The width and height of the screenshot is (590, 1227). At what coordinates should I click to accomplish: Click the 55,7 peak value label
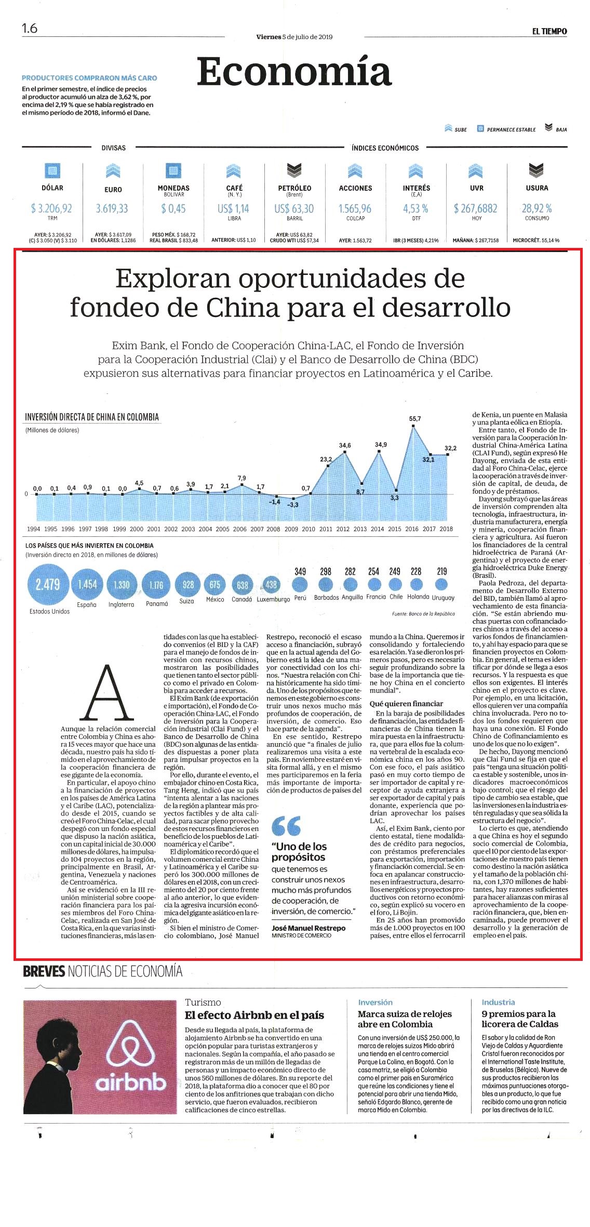[415, 418]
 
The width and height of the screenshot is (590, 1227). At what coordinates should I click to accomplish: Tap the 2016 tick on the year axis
[412, 529]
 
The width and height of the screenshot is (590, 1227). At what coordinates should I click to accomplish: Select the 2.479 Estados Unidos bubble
[48, 584]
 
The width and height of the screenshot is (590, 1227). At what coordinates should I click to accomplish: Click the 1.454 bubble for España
[87, 584]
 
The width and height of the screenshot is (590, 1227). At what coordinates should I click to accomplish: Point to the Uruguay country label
[443, 598]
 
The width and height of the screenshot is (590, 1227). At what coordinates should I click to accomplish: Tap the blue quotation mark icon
[286, 825]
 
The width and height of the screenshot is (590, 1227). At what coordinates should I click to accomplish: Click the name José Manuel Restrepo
[309, 928]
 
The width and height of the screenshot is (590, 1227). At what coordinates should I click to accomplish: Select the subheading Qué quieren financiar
[406, 704]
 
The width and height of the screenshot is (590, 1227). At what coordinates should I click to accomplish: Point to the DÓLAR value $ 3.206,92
[51, 208]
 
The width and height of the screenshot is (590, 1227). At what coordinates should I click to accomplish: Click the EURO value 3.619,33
[112, 208]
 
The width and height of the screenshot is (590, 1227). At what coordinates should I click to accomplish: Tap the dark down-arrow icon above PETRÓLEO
[294, 170]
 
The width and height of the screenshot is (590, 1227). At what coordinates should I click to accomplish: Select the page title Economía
[294, 71]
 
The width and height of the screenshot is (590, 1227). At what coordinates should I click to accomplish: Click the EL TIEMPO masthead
[549, 31]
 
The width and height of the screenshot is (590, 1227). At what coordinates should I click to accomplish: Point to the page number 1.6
[30, 28]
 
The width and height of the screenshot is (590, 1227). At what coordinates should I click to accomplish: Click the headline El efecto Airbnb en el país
[254, 1015]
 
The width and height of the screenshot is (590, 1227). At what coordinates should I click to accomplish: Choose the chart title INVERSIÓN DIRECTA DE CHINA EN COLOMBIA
[92, 417]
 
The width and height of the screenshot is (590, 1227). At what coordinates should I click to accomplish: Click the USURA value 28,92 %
[537, 208]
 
